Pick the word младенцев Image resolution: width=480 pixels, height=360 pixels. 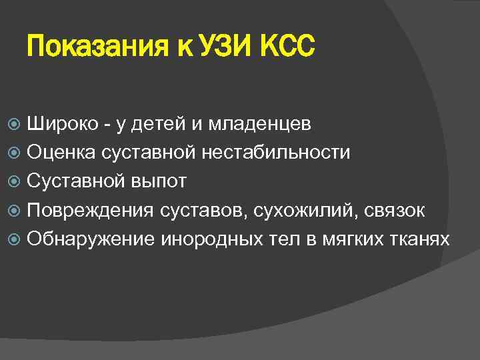coord(259,123)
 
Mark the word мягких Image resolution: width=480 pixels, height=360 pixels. coord(353,239)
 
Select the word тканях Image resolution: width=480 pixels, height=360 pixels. coord(421,239)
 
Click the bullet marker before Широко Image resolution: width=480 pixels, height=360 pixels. coord(17,124)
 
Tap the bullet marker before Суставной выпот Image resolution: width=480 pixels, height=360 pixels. coord(17,181)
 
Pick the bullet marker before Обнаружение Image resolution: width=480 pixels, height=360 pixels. coord(17,239)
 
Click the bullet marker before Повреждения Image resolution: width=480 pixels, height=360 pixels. coord(17,210)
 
